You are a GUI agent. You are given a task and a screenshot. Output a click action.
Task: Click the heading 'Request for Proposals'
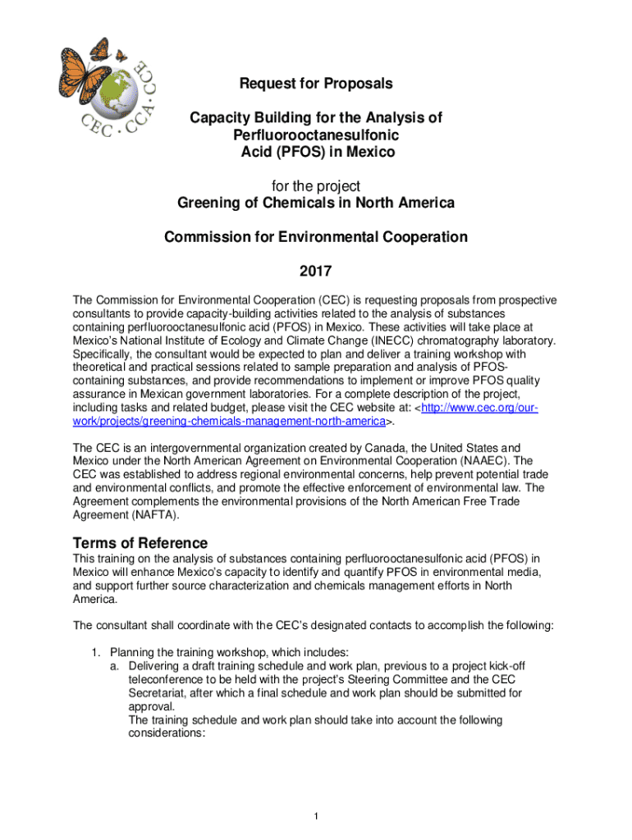click(x=316, y=84)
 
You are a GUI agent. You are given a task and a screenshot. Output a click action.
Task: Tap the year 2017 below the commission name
click(x=316, y=272)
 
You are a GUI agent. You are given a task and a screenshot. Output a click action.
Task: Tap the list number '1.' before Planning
click(x=96, y=653)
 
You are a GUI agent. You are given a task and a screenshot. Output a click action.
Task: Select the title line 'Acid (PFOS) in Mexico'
click(x=316, y=153)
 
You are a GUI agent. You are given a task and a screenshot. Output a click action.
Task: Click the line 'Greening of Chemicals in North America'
click(x=316, y=203)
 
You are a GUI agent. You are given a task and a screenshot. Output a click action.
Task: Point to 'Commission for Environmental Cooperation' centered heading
click(x=316, y=238)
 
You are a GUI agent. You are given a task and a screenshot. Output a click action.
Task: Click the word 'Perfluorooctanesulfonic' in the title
click(x=316, y=135)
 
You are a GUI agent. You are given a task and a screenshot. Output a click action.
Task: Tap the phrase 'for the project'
click(x=316, y=186)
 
